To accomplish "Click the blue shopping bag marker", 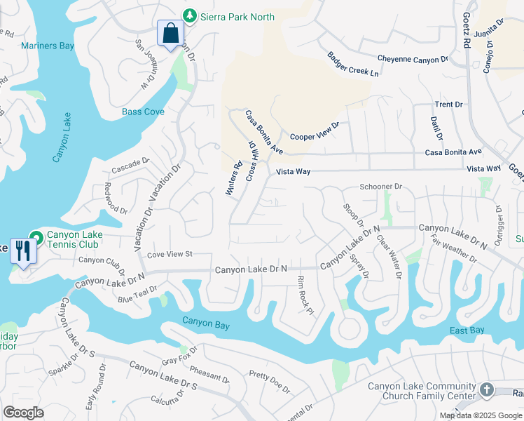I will (x=170, y=33).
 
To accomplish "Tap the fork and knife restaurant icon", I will (x=23, y=250).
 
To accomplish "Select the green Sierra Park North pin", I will (x=188, y=16).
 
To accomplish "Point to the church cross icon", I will (x=488, y=389).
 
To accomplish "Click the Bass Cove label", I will (x=143, y=112).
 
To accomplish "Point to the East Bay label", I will (x=467, y=330).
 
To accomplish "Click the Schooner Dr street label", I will (x=380, y=187).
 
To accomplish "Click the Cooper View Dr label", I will (x=315, y=131).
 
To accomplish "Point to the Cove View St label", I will (x=169, y=254).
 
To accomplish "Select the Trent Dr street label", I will (x=448, y=105).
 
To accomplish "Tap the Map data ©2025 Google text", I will (x=480, y=415).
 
